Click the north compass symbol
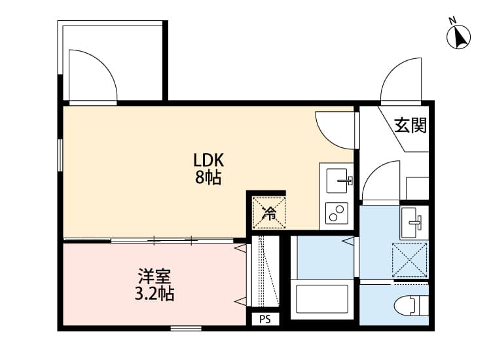pyautogui.click(x=460, y=36)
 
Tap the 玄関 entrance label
pyautogui.click(x=410, y=125)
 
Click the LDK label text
pyautogui.click(x=209, y=160)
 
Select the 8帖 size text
pyautogui.click(x=208, y=177)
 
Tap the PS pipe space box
pyautogui.click(x=265, y=319)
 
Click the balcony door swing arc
pyautogui.click(x=92, y=77)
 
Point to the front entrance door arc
pyautogui.click(x=402, y=84)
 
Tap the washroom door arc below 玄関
pyautogui.click(x=382, y=180)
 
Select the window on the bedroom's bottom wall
pyautogui.click(x=186, y=327)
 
